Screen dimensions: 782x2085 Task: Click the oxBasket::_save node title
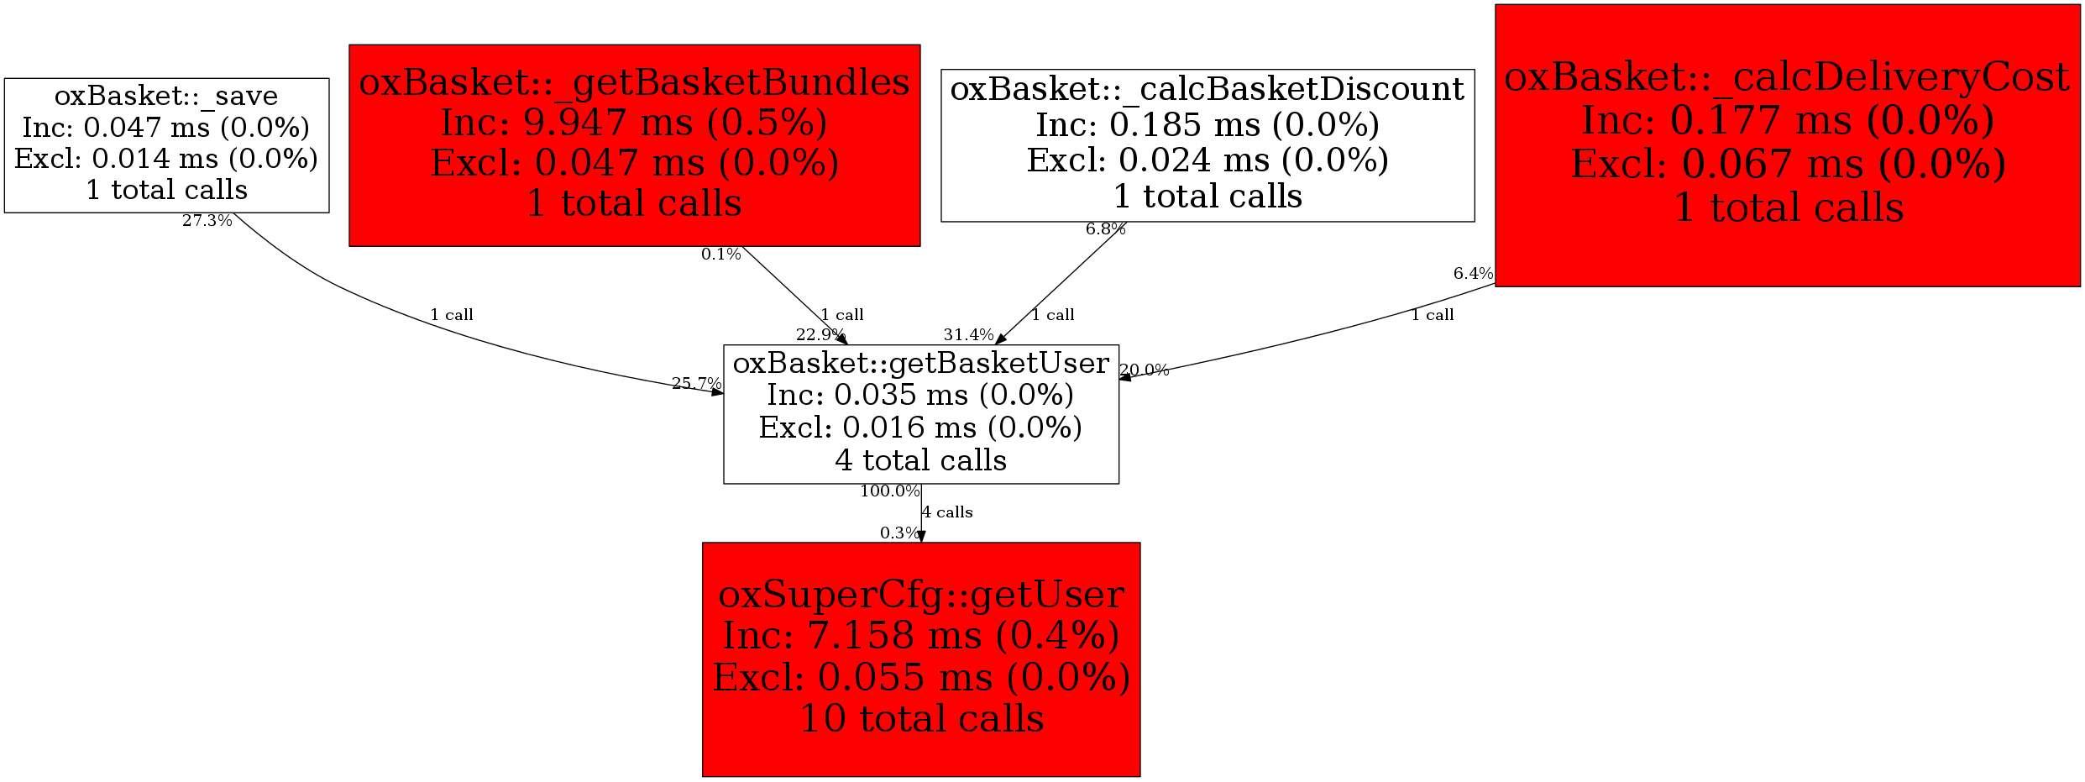click(166, 96)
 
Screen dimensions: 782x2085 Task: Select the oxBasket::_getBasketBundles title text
click(634, 82)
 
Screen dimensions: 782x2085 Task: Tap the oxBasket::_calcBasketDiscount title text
click(1207, 89)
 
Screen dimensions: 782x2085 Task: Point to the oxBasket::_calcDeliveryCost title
click(1787, 77)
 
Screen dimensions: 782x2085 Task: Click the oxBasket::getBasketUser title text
click(920, 363)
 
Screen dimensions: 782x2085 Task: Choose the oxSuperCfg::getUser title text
click(921, 595)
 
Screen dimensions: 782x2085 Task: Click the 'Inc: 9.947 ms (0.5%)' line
click(634, 123)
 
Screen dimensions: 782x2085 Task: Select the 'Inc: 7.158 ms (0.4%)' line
click(921, 635)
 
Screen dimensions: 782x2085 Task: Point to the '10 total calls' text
click(921, 719)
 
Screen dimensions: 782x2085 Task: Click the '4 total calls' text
click(920, 460)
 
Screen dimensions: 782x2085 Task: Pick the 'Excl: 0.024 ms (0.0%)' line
click(1207, 160)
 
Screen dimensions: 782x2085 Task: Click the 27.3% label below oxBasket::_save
click(207, 221)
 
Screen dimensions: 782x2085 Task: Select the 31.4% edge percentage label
click(968, 334)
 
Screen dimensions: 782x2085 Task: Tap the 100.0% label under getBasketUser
click(889, 491)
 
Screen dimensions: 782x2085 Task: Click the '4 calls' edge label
click(947, 512)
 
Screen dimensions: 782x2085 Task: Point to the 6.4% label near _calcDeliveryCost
click(1473, 273)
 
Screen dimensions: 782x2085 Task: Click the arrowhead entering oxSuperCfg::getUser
click(921, 537)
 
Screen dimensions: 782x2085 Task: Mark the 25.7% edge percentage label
click(696, 383)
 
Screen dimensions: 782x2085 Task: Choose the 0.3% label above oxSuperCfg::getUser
click(899, 533)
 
